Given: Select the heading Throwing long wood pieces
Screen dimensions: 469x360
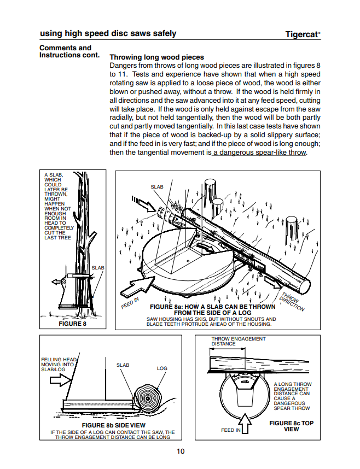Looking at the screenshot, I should [156, 57].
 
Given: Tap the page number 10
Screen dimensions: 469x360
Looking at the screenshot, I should [181, 451].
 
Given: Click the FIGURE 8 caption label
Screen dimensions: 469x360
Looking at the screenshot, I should [72, 324].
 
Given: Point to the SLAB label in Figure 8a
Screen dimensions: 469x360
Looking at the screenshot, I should [157, 187].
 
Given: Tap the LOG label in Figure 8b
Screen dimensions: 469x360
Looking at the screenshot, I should [162, 368].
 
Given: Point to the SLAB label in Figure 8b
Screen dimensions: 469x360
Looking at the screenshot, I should [123, 365].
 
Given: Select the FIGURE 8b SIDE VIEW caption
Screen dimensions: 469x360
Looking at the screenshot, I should [113, 425].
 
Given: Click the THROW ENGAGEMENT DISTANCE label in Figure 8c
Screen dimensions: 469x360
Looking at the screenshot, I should [230, 341].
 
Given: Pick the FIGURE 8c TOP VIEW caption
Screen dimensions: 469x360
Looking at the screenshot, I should [292, 426].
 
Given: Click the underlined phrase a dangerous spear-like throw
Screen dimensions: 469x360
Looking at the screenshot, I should [259, 153].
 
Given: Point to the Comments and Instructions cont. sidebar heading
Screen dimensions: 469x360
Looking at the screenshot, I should [69, 51].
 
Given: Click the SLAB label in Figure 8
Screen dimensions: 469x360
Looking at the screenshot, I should [97, 268].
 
